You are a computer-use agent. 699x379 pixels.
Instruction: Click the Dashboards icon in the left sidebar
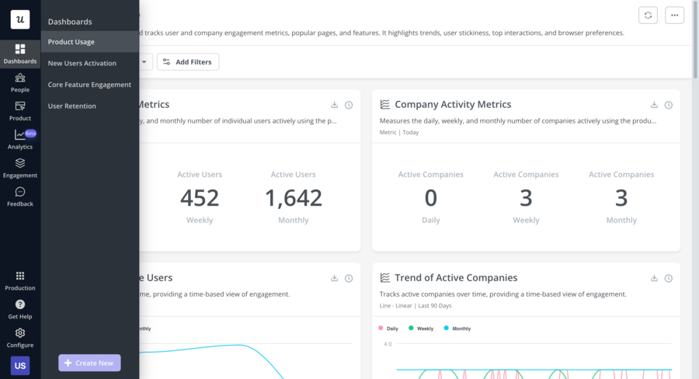point(20,50)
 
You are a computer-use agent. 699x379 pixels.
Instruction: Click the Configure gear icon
point(20,333)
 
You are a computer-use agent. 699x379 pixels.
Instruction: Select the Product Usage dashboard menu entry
point(71,42)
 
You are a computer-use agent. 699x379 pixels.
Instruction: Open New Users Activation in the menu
point(82,63)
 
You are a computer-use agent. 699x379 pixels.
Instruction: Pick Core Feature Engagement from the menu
point(89,85)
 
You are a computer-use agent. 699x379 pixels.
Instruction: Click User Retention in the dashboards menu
point(72,106)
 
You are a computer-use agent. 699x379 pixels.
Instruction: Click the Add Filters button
point(188,61)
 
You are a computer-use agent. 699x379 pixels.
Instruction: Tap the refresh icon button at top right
point(648,16)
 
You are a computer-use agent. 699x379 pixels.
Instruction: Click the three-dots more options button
point(674,16)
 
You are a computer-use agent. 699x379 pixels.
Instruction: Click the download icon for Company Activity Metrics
point(654,105)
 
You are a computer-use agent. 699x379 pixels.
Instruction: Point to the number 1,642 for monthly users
point(294,198)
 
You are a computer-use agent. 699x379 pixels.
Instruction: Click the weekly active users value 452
point(200,198)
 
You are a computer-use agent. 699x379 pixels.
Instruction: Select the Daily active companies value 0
point(431,198)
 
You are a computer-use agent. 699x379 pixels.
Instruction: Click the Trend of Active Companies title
point(456,278)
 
